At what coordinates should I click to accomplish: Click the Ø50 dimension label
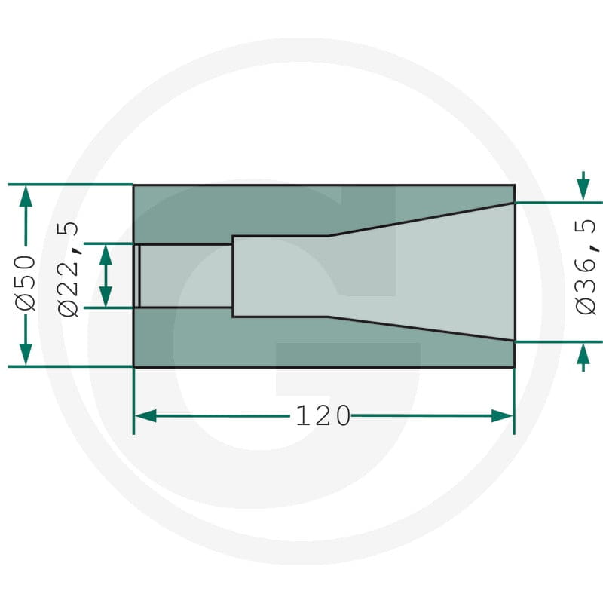coord(26,282)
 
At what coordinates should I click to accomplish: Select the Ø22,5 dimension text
coord(69,269)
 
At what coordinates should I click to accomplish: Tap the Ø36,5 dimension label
coord(586,268)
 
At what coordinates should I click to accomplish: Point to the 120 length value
coord(323,416)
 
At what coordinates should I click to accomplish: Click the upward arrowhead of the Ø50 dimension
coord(26,196)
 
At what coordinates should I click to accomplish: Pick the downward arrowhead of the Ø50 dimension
coord(26,354)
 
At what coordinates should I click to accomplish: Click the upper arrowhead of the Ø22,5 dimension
coord(106,255)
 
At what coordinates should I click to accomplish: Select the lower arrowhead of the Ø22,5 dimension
coord(106,296)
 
